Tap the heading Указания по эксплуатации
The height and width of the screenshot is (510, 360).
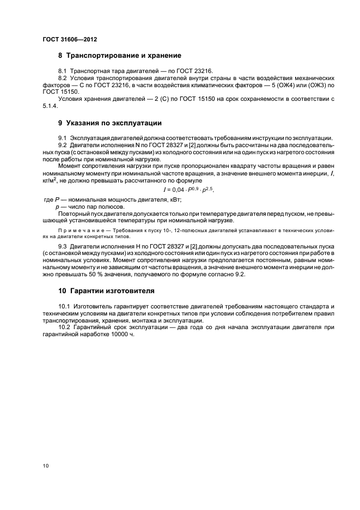coord(109,123)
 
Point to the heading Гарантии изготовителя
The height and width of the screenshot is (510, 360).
coord(106,290)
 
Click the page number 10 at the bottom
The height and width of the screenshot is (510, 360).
coord(46,466)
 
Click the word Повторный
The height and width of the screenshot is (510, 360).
coord(73,214)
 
